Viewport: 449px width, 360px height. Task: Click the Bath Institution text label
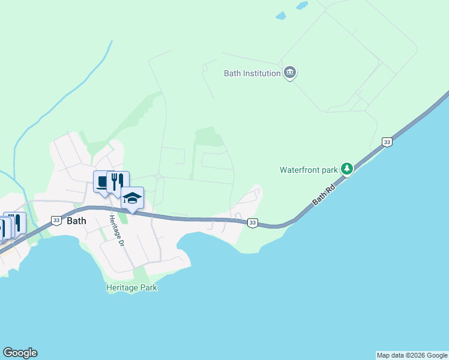(252, 73)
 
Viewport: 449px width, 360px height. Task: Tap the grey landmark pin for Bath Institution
(290, 73)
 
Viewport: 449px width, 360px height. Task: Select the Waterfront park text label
(309, 170)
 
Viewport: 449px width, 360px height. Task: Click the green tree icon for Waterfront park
(346, 169)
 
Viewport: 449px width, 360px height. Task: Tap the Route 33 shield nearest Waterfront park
(387, 142)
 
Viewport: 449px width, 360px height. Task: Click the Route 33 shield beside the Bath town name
(56, 220)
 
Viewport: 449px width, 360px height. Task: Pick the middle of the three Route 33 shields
(253, 223)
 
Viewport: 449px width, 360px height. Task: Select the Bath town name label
(76, 220)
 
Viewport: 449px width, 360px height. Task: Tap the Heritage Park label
(131, 287)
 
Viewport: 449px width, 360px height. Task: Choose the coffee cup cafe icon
(102, 182)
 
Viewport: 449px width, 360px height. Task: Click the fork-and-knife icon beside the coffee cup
(118, 181)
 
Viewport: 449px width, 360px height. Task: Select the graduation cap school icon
(132, 197)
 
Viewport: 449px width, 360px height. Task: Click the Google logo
(20, 353)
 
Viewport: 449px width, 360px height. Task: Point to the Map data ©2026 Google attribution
(412, 355)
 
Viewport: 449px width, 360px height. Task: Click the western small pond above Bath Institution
(280, 16)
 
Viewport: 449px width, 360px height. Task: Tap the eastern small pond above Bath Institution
(301, 5)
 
